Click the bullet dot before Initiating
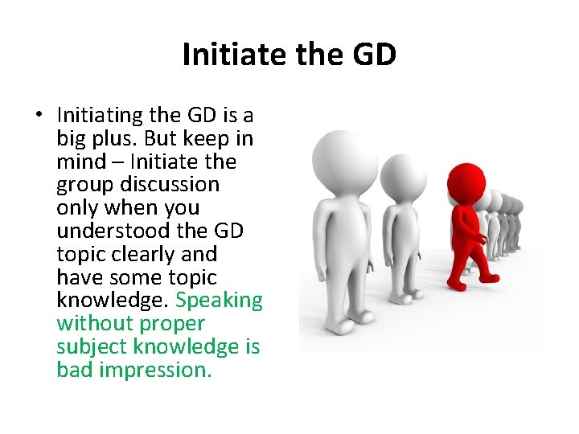click(39, 116)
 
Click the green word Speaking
click(219, 301)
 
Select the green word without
click(95, 324)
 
